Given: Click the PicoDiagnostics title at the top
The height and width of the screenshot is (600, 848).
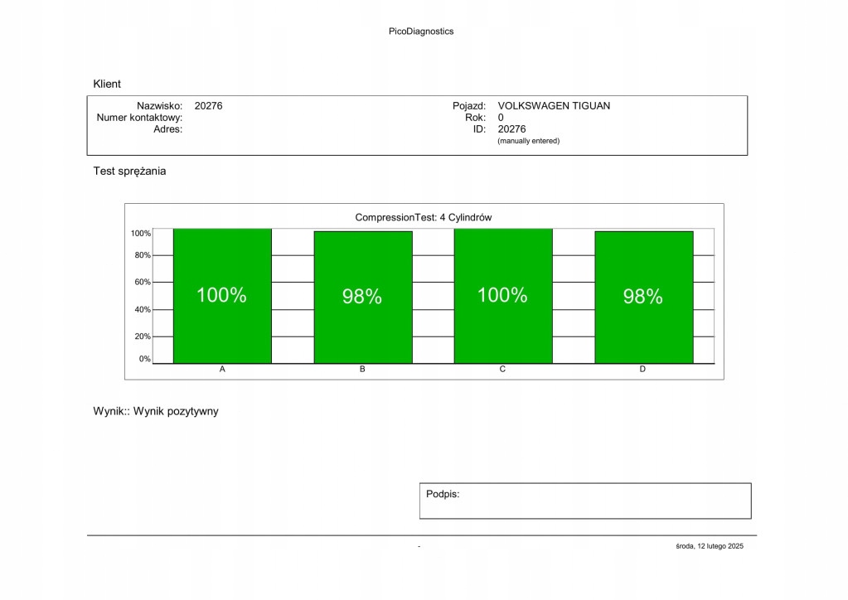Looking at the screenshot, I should pyautogui.click(x=421, y=31).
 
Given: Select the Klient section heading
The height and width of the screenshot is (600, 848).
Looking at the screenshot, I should pyautogui.click(x=107, y=84).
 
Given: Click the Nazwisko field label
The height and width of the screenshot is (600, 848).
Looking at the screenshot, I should pyautogui.click(x=159, y=106).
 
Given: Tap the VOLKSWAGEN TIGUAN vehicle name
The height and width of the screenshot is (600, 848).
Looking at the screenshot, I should pyautogui.click(x=554, y=106).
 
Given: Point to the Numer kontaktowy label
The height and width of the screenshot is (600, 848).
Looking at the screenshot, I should pyautogui.click(x=139, y=118).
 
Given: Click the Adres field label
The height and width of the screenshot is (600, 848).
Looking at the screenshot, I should pyautogui.click(x=167, y=129).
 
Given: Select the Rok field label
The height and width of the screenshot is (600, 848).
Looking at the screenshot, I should pyautogui.click(x=475, y=118).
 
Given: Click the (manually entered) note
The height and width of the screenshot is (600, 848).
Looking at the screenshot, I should pyautogui.click(x=528, y=141).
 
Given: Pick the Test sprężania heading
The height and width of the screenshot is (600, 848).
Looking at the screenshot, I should pyautogui.click(x=129, y=172).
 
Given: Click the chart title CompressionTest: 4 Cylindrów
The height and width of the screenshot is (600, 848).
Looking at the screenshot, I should pyautogui.click(x=424, y=217).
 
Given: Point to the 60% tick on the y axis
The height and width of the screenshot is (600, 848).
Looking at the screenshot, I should pyautogui.click(x=143, y=283).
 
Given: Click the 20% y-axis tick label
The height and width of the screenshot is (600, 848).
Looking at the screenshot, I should pyautogui.click(x=143, y=336).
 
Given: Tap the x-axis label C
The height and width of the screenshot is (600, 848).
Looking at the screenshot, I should pyautogui.click(x=502, y=370).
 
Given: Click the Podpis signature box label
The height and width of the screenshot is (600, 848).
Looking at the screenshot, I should pyautogui.click(x=443, y=494).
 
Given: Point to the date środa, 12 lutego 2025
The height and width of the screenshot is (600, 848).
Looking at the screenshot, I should pyautogui.click(x=710, y=546).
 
